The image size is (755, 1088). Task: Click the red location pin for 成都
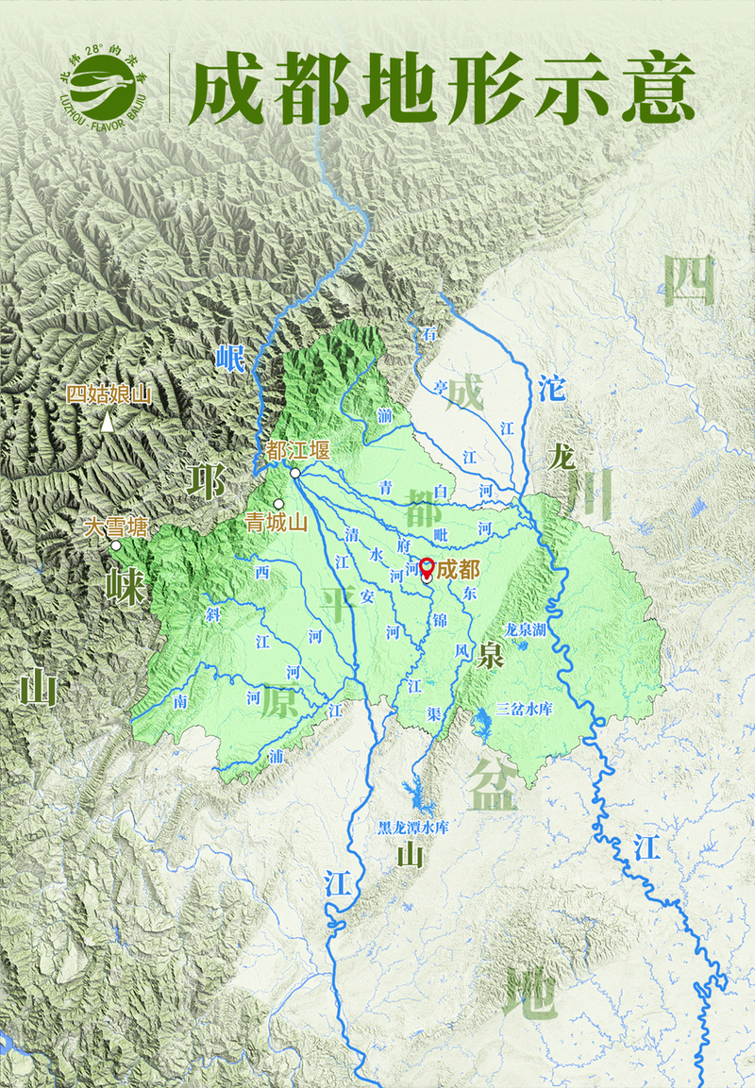click(x=427, y=568)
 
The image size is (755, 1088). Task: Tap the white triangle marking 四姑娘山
click(x=109, y=424)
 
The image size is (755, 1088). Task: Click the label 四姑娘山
click(x=108, y=395)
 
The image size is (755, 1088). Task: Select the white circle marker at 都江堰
click(x=295, y=472)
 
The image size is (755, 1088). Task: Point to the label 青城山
click(x=277, y=522)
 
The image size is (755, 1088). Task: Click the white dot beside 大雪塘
click(x=115, y=544)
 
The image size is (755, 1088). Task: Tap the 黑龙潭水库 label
click(x=412, y=828)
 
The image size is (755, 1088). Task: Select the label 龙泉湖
click(x=526, y=628)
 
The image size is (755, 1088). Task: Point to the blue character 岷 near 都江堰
click(x=229, y=359)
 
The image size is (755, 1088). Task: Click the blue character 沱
click(x=551, y=387)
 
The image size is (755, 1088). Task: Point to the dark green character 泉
click(x=490, y=654)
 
